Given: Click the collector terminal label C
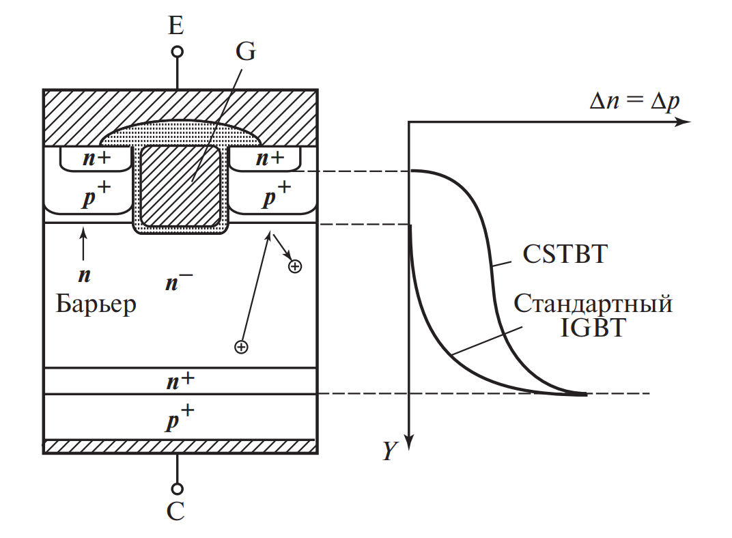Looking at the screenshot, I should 176,512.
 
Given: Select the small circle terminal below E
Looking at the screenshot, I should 177,52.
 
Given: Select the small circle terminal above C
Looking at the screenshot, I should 177,488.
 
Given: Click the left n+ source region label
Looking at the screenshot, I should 96,159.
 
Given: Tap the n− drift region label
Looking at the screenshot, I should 179,282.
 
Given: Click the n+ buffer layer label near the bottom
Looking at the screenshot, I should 179,381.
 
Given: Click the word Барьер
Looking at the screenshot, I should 96,303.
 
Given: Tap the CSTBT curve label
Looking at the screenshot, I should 565,255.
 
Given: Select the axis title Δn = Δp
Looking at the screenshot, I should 635,101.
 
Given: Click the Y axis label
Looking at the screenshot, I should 389,451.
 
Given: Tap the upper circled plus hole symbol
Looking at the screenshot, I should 295,266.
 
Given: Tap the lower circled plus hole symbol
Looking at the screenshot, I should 240,348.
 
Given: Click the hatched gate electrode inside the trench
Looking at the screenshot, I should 180,186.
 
